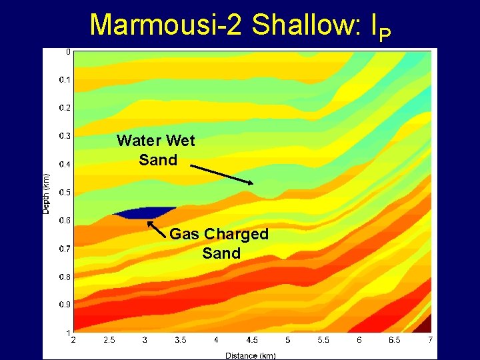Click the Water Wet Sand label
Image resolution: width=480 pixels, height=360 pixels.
(156, 150)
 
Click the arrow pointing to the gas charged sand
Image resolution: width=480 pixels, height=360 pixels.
(156, 229)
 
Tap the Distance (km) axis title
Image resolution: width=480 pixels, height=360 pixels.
(250, 355)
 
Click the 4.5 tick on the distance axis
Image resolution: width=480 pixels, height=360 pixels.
(251, 341)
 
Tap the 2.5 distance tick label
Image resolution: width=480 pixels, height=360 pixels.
(109, 341)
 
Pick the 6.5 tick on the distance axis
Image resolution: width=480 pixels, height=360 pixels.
(395, 341)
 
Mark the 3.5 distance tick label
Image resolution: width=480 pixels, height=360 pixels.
(180, 341)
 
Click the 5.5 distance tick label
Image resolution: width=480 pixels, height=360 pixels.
(323, 341)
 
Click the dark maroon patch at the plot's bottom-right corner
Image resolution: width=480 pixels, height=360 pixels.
(424, 325)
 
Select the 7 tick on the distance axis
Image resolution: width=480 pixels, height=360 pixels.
(431, 341)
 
